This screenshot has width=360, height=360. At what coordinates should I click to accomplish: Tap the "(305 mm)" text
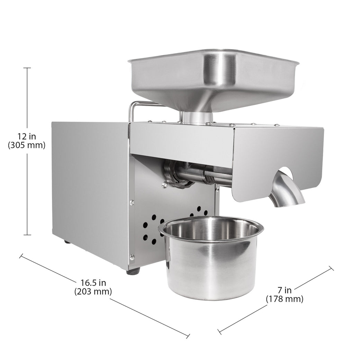point(27,145)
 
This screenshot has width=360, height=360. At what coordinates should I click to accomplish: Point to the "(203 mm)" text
point(93,291)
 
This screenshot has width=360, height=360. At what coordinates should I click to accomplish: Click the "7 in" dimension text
point(285,290)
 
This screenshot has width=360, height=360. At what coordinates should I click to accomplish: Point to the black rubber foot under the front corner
point(133,271)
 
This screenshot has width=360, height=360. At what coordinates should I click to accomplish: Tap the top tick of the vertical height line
point(27,68)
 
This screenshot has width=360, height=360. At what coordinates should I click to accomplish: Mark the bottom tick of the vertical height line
point(27,235)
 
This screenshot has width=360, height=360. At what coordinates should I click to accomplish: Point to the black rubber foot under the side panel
point(67,241)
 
